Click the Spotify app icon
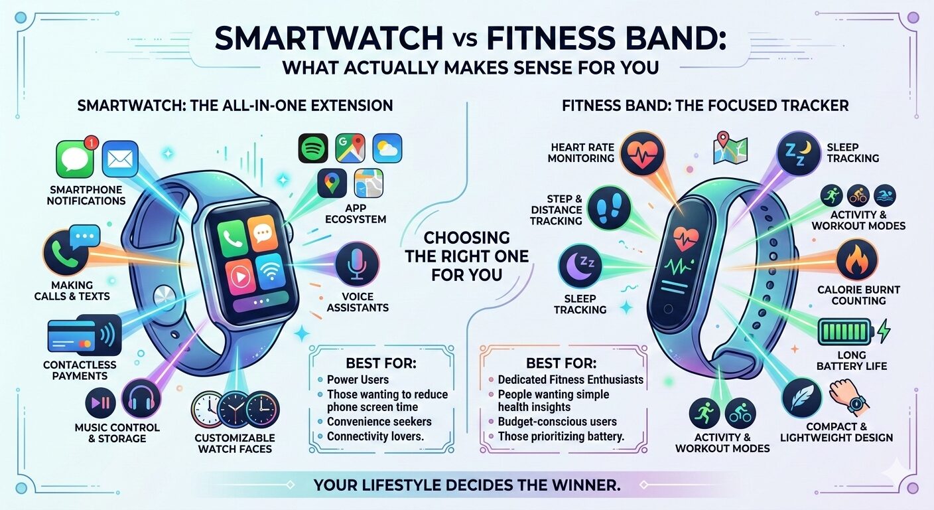click(x=313, y=148)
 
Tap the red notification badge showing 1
click(x=91, y=143)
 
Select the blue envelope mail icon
click(x=120, y=159)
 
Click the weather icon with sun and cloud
click(x=387, y=148)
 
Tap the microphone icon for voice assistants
click(x=358, y=264)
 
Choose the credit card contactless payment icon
click(x=84, y=335)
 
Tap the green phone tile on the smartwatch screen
click(x=231, y=238)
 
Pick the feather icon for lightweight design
click(x=803, y=398)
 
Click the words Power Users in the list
click(x=358, y=380)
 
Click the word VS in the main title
click(x=464, y=40)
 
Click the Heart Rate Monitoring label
click(x=581, y=153)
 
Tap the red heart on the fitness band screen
click(x=685, y=239)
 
